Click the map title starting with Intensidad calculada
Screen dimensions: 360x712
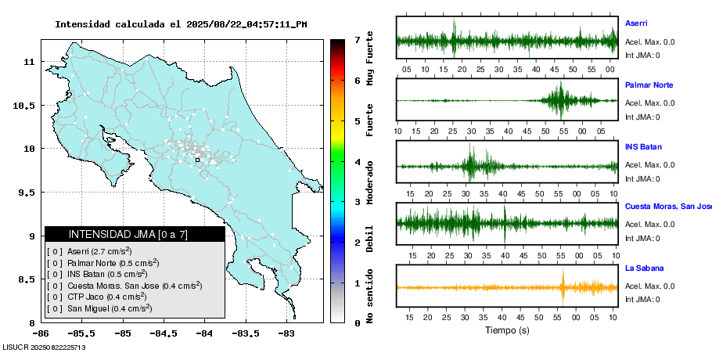coord(181,24)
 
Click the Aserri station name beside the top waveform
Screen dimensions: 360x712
coord(636,23)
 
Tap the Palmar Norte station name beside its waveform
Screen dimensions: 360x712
coord(649,85)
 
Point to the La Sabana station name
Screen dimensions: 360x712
coord(644,268)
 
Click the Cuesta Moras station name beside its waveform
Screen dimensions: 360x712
coord(667,207)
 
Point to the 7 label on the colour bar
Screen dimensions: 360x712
coord(356,39)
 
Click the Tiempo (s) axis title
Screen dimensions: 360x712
coord(507,330)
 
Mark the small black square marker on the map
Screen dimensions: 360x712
coord(198,160)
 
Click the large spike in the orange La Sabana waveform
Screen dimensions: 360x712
coord(563,286)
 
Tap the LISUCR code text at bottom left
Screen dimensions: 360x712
coord(44,346)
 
